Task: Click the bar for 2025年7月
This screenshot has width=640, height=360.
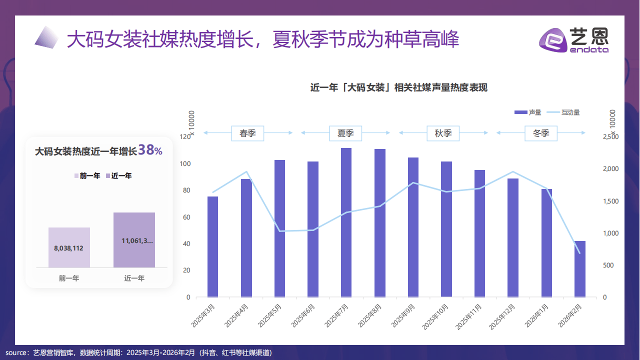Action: coord(346,222)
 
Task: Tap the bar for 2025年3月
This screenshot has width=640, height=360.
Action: coord(212,247)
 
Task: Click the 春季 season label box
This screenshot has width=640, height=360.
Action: coord(247,133)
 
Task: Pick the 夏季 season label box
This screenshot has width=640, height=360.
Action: coord(345,133)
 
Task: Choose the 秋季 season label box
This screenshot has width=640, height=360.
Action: coord(443,133)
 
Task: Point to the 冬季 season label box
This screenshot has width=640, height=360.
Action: coord(541,133)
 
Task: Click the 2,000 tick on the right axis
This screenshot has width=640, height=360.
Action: coord(611,169)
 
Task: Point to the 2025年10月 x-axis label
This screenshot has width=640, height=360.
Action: coord(438,316)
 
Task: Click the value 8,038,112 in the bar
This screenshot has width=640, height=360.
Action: coord(68,247)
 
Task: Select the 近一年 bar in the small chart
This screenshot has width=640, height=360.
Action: coord(134,240)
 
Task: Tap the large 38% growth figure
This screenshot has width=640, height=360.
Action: coord(150,150)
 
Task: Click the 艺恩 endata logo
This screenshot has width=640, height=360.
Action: coord(575,39)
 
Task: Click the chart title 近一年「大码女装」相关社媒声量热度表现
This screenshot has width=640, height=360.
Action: coord(398,88)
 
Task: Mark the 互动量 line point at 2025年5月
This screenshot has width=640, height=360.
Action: coord(279,231)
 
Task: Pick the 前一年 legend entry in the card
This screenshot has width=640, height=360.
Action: coord(87,175)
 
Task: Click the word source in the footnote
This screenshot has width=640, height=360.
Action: coord(16,352)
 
